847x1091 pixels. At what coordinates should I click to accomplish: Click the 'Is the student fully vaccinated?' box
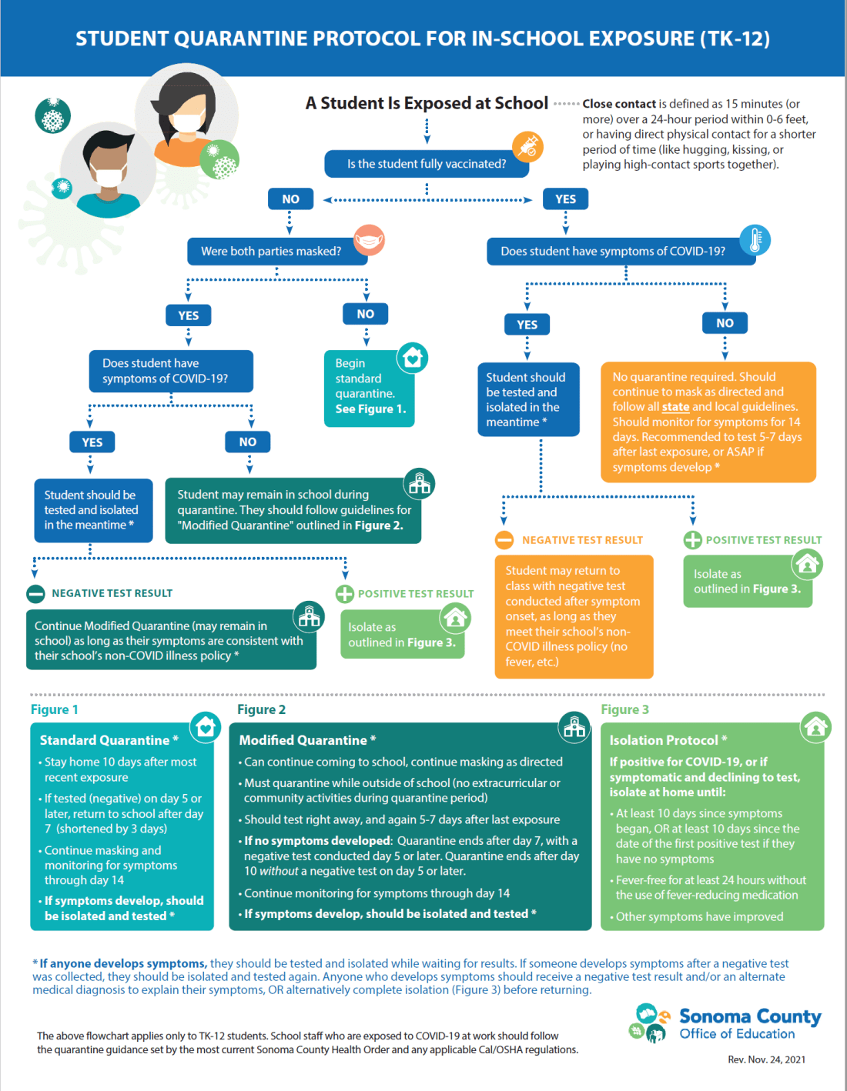point(426,164)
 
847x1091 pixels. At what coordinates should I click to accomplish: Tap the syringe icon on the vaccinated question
point(528,145)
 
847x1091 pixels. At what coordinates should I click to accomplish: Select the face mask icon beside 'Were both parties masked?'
point(370,240)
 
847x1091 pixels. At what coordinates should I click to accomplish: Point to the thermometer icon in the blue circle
point(755,240)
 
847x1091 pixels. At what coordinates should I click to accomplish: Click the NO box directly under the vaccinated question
point(290,199)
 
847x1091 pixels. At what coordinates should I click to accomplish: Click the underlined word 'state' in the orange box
point(675,407)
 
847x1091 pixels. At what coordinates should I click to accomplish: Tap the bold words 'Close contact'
point(619,104)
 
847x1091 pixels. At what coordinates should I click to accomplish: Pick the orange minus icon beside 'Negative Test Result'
point(504,540)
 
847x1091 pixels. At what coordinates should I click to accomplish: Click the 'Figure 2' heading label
point(261,709)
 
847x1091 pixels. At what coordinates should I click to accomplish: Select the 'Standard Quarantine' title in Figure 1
point(105,740)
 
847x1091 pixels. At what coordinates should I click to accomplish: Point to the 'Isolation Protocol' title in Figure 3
point(664,740)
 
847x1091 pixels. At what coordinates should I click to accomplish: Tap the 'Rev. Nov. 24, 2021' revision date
point(766,1059)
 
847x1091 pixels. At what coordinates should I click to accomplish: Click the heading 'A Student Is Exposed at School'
point(427,103)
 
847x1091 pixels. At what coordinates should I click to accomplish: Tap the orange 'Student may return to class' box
point(574,616)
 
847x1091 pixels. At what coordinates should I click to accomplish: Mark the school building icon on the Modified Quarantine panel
point(574,726)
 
